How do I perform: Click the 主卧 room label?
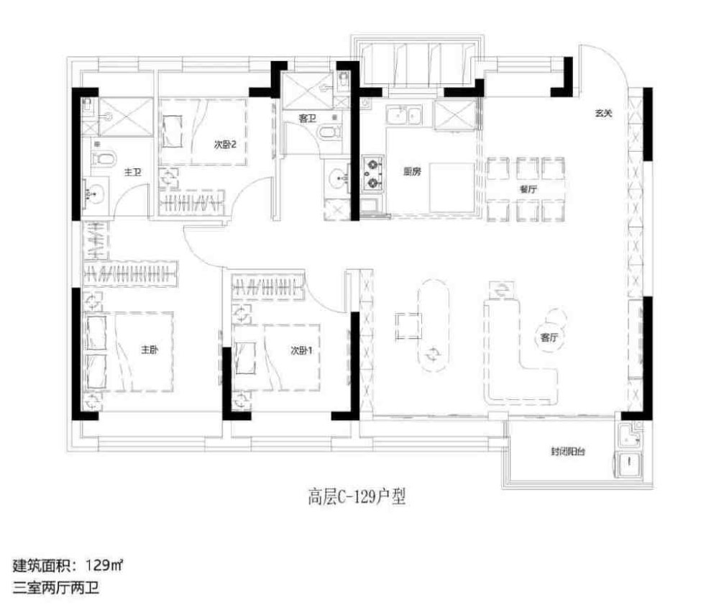(150, 350)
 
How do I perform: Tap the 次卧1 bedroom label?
(301, 351)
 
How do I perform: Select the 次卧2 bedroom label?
(225, 145)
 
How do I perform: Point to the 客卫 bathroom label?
(307, 119)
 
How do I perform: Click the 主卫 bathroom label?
(133, 173)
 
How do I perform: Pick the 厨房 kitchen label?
(412, 172)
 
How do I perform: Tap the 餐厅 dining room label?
(528, 189)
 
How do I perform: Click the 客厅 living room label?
(549, 337)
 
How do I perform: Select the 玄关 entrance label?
(603, 113)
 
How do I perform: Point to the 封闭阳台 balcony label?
(568, 452)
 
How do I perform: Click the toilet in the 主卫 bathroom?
(104, 160)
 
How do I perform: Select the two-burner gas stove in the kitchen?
(372, 173)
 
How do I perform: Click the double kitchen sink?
(403, 114)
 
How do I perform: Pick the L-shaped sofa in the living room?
(520, 351)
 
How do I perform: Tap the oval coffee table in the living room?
(432, 324)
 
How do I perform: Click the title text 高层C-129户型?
(357, 497)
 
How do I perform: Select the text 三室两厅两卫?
(56, 588)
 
